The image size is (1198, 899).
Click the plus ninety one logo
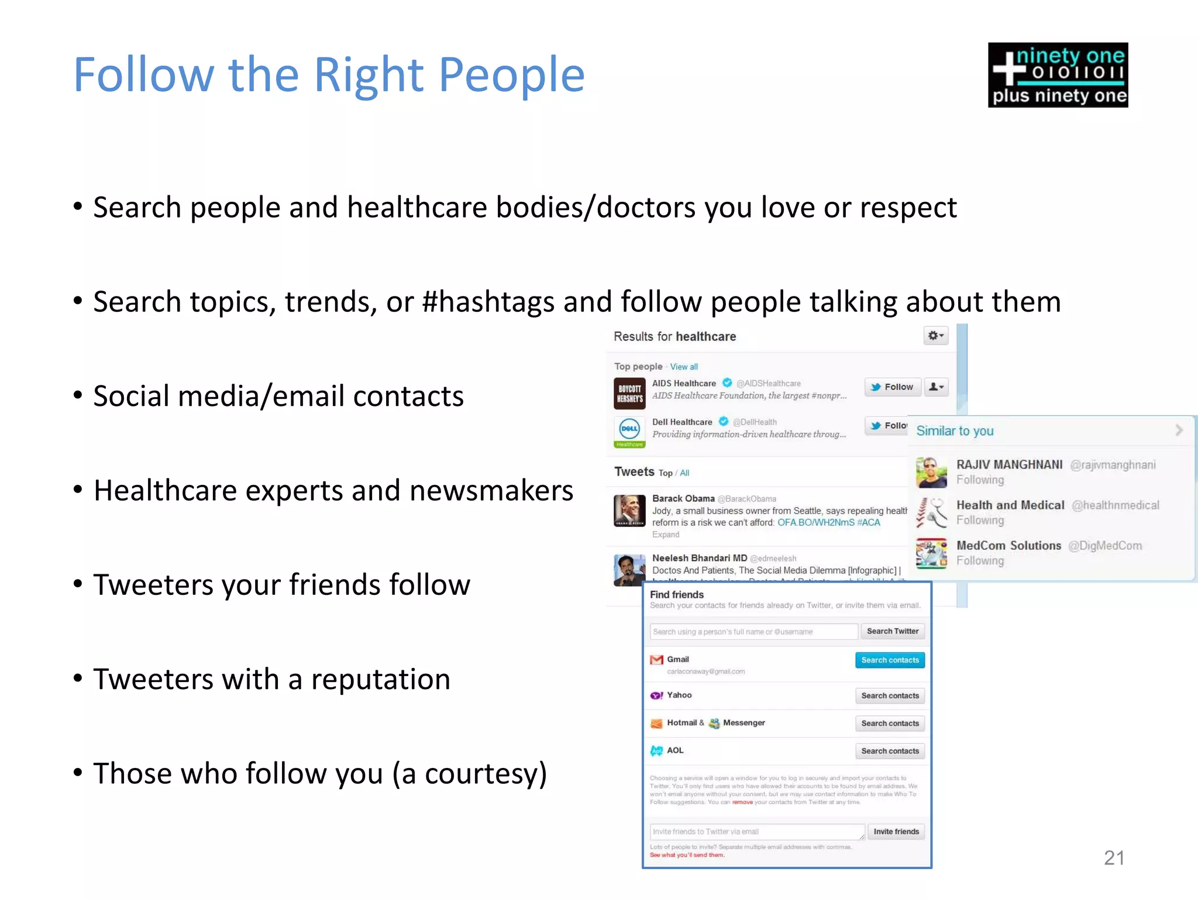point(1058,75)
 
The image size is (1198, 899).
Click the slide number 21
point(1114,857)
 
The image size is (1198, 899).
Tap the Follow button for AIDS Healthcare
point(892,387)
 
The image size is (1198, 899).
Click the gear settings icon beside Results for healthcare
point(935,336)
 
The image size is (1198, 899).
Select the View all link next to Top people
point(684,367)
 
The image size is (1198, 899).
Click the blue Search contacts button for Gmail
point(890,660)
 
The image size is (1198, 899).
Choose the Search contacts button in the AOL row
point(890,751)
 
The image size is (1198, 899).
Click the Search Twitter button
point(892,631)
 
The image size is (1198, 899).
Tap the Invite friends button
point(896,831)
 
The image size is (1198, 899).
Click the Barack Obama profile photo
point(629,511)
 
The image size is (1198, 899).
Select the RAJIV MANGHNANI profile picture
point(931,472)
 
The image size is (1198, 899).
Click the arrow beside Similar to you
point(1179,430)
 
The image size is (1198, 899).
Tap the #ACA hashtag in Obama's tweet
point(869,522)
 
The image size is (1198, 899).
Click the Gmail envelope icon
point(657,660)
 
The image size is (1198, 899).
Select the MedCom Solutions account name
point(1008,546)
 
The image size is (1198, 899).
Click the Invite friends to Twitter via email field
point(756,832)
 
